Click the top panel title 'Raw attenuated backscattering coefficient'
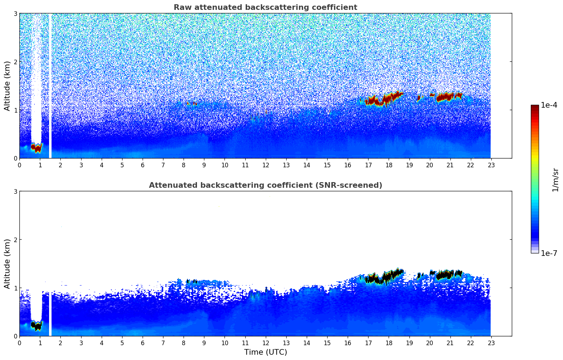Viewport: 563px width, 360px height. tap(265, 7)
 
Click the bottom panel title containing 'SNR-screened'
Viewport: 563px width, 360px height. tap(265, 185)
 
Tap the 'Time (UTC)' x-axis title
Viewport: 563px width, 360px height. tap(265, 352)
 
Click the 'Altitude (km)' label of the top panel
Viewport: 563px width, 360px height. tap(7, 86)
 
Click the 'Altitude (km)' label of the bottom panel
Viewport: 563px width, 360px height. tap(7, 264)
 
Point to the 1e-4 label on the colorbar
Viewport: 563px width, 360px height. tap(549, 105)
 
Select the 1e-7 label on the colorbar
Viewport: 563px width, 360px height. tap(549, 253)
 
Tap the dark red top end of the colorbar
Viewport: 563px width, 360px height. tap(535, 107)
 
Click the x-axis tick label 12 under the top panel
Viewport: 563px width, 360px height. tap(265, 165)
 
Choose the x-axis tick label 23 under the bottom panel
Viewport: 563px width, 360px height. tap(491, 343)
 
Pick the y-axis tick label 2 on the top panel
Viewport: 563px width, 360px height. tap(15, 62)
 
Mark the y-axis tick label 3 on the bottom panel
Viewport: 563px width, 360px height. tap(15, 191)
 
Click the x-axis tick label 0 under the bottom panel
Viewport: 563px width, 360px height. tap(19, 343)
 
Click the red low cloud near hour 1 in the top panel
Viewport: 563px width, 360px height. tap(36, 147)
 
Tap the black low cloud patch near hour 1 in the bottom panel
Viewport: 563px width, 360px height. tap(36, 325)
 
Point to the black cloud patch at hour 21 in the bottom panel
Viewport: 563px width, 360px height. tap(445, 275)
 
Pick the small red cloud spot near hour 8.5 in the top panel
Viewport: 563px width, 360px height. tap(194, 104)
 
